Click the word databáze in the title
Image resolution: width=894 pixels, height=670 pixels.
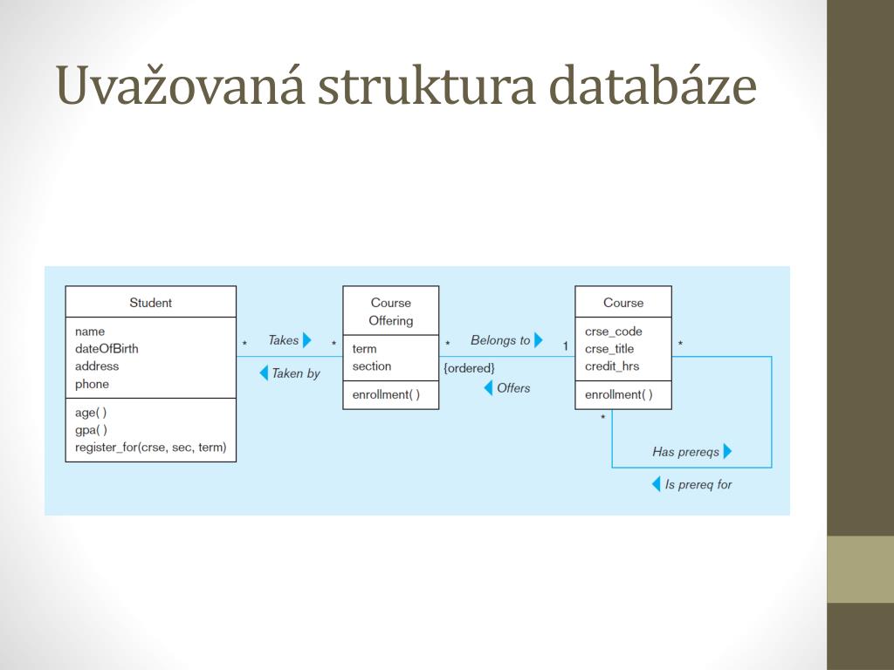(652, 86)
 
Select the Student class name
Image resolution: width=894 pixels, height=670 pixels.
(150, 303)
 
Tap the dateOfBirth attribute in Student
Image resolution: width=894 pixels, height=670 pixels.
(107, 349)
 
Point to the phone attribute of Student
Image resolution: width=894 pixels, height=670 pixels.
(92, 384)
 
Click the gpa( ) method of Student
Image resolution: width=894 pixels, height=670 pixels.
(91, 430)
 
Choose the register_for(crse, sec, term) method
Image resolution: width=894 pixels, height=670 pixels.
(150, 448)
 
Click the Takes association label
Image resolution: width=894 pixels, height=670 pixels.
(283, 340)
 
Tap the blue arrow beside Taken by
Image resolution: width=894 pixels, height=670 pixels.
(264, 373)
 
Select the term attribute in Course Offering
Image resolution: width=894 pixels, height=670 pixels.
(364, 349)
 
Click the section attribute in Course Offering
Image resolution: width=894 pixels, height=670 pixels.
(372, 366)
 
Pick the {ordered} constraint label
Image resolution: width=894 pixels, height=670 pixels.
(469, 368)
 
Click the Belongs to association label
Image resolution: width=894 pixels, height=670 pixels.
(499, 340)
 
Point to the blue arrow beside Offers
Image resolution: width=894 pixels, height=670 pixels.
(489, 388)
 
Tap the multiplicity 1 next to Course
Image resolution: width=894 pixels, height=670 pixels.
(565, 346)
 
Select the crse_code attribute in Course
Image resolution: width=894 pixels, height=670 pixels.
(613, 332)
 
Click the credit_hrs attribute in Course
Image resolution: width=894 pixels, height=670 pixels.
(612, 366)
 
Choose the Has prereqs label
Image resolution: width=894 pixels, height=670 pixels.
(685, 452)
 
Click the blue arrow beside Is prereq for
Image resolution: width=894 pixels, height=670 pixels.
(657, 484)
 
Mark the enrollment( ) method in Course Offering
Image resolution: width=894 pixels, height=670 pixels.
(386, 395)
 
